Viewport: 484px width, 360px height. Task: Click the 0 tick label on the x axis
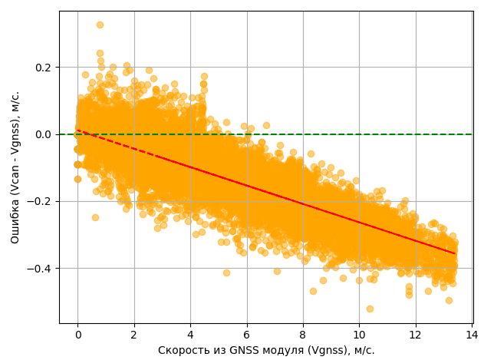(77, 335)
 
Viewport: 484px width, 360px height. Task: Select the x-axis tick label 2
(134, 335)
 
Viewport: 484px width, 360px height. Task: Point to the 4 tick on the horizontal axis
(190, 335)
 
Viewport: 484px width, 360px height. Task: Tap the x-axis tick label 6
(247, 335)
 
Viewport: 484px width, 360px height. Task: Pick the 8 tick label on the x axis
(303, 335)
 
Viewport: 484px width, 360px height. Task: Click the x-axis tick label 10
(359, 335)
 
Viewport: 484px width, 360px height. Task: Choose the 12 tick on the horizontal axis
(416, 335)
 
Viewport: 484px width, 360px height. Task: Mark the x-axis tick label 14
(472, 335)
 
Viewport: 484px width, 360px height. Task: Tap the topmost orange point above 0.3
(100, 25)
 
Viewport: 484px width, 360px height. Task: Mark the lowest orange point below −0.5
(370, 309)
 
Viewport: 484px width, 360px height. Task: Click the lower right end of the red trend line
(454, 254)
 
